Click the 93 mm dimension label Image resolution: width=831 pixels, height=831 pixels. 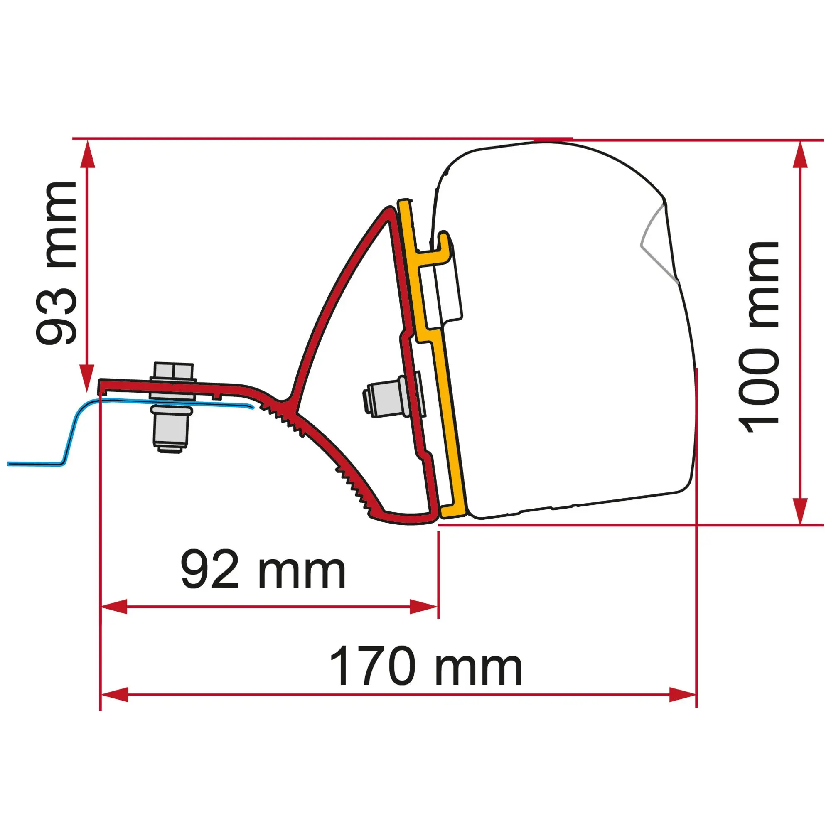coord(57,263)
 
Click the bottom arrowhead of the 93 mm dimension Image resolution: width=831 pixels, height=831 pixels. coord(87,378)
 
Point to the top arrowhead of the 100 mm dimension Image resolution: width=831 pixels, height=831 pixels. coord(799,155)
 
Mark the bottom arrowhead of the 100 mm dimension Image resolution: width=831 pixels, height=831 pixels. coord(799,511)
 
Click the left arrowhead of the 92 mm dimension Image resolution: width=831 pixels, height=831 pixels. coord(114,607)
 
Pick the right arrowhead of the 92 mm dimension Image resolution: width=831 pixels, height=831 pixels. coord(424,607)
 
